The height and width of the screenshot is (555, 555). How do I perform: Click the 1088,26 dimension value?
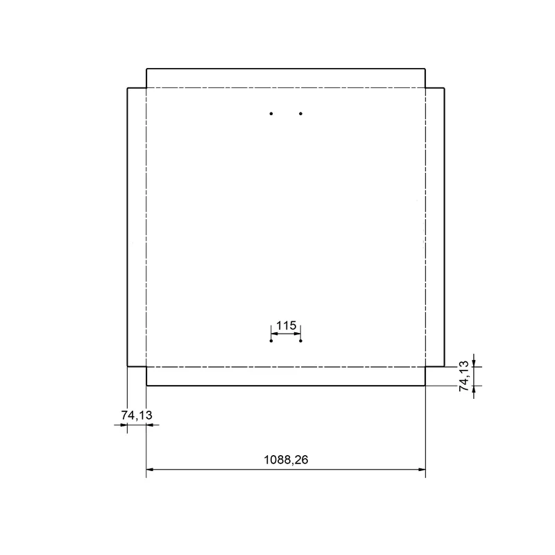[286, 460]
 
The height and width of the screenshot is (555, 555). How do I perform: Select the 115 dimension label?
[286, 325]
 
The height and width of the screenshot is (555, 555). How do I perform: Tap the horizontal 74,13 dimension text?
[137, 415]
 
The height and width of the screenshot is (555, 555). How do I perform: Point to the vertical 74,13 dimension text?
[464, 376]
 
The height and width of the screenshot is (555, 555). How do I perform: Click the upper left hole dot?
[271, 114]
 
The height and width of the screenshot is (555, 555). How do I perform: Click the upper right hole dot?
[300, 114]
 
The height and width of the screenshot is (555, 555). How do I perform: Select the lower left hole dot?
[271, 341]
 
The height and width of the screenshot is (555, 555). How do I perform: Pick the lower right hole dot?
[300, 341]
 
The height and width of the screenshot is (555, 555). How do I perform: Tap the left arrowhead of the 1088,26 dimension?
[150, 470]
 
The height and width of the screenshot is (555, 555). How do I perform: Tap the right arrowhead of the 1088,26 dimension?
[422, 470]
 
